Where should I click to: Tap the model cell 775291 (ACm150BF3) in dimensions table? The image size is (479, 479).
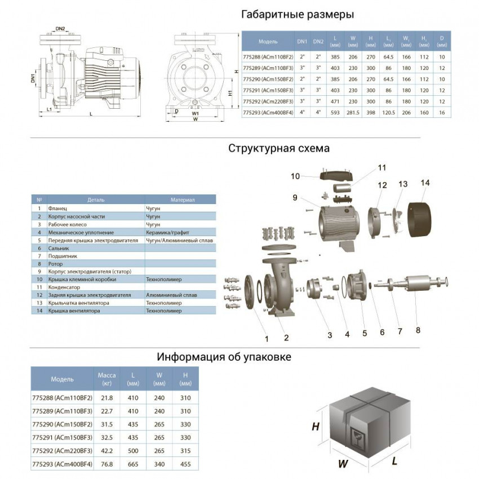tap(268, 90)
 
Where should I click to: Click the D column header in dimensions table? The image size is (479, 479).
tap(442, 42)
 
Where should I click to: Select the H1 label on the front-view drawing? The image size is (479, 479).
tap(230, 93)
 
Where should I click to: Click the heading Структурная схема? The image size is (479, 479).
tap(279, 149)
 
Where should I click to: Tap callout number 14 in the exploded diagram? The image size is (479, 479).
tap(424, 183)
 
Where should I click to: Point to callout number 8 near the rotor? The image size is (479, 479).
tap(419, 332)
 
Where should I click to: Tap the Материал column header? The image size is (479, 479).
tap(183, 200)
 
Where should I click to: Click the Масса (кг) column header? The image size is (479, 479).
tap(107, 379)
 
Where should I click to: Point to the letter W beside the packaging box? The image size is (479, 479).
tap(341, 464)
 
